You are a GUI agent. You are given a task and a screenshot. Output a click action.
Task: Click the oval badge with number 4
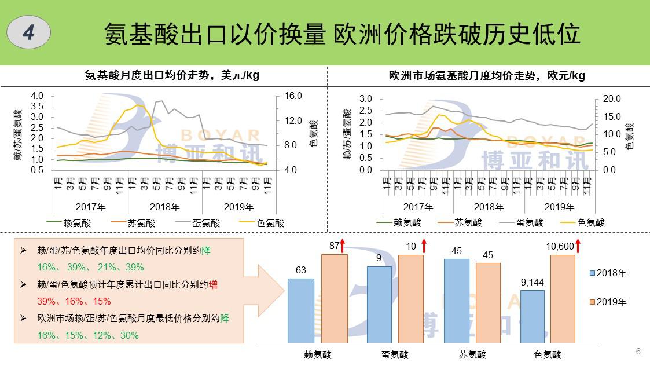click(28, 33)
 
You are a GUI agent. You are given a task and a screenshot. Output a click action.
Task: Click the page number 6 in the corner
click(638, 351)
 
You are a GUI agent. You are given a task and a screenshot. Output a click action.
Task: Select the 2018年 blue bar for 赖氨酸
click(300, 312)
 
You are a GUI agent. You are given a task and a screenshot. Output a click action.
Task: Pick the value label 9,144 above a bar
click(532, 283)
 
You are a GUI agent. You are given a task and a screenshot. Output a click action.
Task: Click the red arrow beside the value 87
click(342, 246)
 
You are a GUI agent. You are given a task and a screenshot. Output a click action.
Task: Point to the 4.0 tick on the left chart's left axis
click(37, 96)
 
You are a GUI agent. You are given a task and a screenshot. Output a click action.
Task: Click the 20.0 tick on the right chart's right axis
click(611, 99)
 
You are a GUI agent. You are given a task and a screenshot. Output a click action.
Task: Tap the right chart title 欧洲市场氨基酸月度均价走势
click(487, 75)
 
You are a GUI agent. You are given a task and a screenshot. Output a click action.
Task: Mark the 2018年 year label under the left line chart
click(165, 207)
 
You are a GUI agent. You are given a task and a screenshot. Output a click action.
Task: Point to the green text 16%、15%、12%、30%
click(88, 335)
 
